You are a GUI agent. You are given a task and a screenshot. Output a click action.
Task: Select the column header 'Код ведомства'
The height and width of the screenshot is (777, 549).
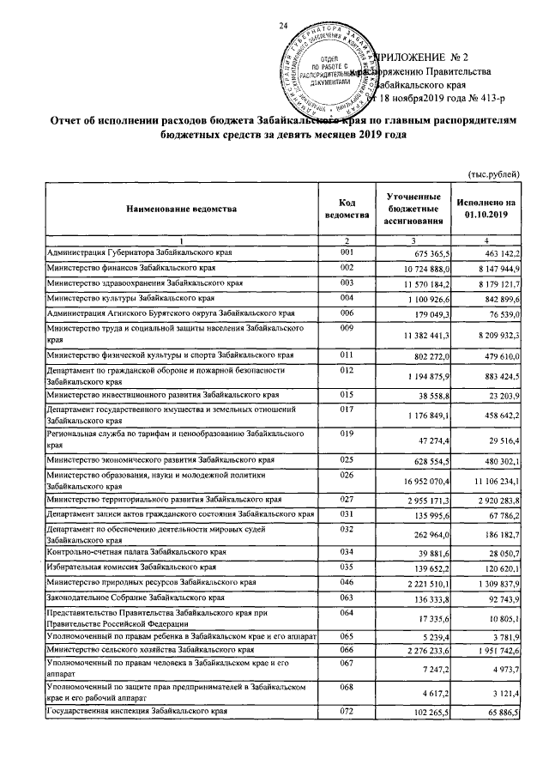coord(347,208)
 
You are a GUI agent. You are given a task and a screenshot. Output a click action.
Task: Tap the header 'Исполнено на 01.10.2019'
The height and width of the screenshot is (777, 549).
coord(486,208)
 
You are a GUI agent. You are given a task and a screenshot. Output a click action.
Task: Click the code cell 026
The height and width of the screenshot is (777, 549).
coord(347,475)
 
